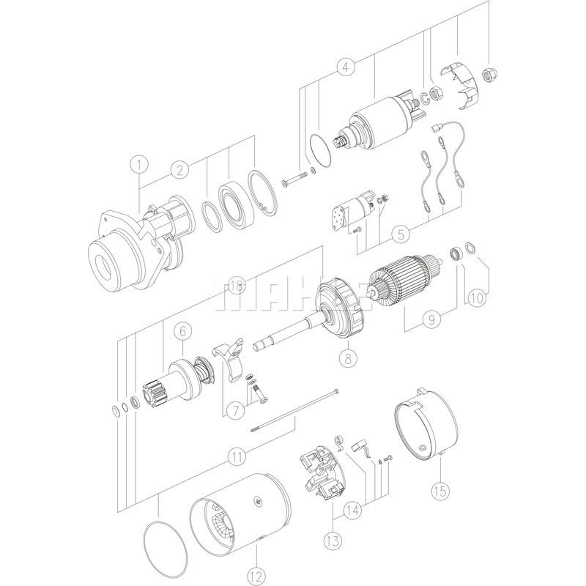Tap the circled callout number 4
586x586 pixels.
346,67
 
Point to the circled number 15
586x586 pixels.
440,490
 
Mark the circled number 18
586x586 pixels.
236,286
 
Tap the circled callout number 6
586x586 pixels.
182,331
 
